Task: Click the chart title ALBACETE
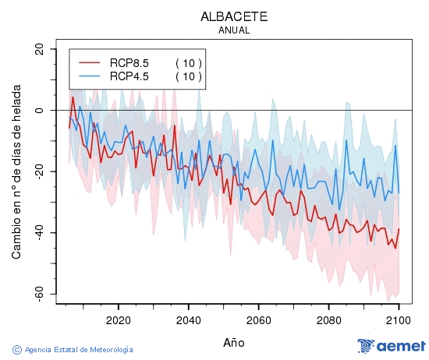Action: (234, 16)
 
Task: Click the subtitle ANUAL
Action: (234, 30)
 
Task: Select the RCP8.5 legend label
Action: (129, 62)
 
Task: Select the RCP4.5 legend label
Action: (129, 76)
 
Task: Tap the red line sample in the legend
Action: (90, 62)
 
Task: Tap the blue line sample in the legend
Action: (90, 76)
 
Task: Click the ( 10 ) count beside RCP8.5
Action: (188, 62)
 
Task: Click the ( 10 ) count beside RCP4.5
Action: (188, 76)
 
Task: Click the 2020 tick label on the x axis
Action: (118, 319)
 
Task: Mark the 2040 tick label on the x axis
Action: (188, 319)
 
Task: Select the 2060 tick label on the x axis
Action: (258, 319)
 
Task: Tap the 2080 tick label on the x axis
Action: (328, 319)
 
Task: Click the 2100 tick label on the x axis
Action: (398, 319)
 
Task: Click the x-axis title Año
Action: (234, 342)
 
